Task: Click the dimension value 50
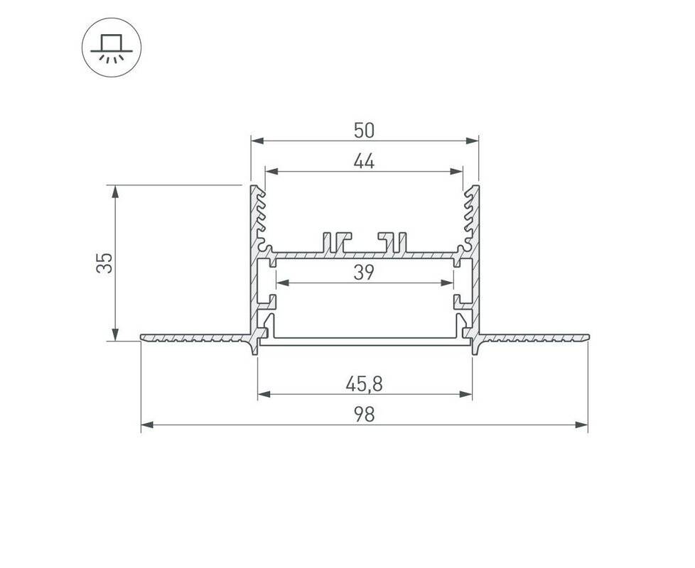[x=365, y=130]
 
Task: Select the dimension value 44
[x=365, y=162]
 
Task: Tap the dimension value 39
[x=365, y=273]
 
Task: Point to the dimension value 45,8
[x=365, y=384]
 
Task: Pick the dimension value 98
[x=365, y=415]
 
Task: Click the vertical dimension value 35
[x=104, y=263]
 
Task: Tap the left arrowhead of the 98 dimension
[x=147, y=425]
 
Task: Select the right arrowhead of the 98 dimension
[x=581, y=425]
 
